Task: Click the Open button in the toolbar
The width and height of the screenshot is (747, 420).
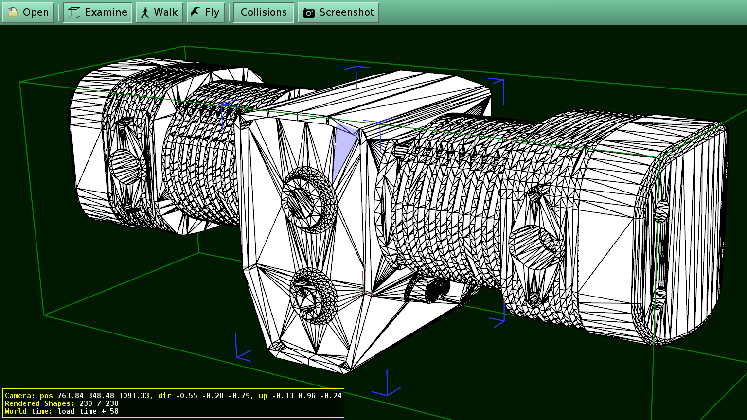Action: click(x=28, y=13)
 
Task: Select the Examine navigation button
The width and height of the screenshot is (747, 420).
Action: click(x=97, y=13)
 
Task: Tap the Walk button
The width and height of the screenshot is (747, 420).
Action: click(x=160, y=13)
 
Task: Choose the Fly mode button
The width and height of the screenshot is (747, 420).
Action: click(x=205, y=13)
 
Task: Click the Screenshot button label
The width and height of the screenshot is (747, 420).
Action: click(x=347, y=13)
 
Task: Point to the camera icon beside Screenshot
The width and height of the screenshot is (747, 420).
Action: click(x=308, y=13)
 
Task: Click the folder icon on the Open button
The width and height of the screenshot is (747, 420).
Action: click(x=13, y=13)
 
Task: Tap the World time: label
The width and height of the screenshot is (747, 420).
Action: click(x=28, y=411)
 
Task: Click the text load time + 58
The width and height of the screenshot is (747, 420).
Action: click(x=88, y=411)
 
